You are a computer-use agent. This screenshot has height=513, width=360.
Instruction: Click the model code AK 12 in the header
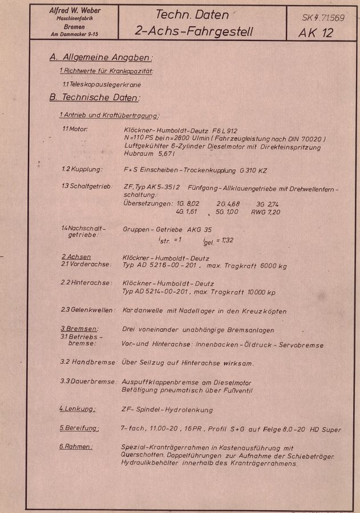pos(315,32)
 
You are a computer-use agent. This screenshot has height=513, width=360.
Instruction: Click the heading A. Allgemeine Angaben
pos(102,58)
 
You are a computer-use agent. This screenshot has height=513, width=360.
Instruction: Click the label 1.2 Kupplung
pos(82,169)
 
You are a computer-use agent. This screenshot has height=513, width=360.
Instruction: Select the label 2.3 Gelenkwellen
pos(89,311)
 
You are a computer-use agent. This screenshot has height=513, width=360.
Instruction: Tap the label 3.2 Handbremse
pos(88,362)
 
